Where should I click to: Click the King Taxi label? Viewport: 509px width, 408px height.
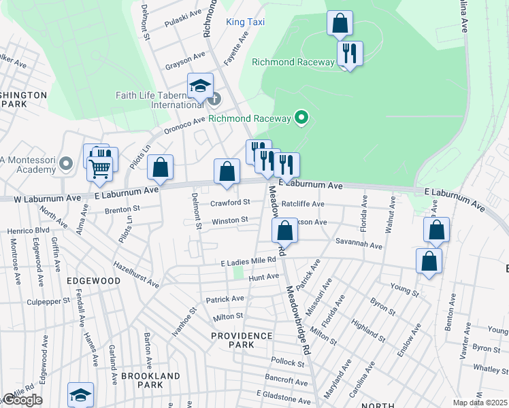(x=245, y=22)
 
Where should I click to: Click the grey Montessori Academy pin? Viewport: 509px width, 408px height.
(x=66, y=163)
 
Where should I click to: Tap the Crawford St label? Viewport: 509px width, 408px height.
(x=230, y=202)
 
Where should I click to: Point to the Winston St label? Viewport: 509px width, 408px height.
(x=229, y=220)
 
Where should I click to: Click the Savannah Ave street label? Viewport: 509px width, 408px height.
(x=358, y=243)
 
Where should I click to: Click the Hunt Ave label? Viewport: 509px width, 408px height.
(x=264, y=277)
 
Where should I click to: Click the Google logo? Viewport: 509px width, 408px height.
(x=22, y=400)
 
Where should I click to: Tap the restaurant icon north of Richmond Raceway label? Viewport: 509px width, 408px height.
(x=350, y=54)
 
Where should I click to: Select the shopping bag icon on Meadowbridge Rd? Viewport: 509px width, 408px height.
(x=285, y=231)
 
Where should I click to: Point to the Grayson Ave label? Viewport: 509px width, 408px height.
(x=185, y=61)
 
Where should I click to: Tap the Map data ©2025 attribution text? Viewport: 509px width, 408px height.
(x=480, y=403)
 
